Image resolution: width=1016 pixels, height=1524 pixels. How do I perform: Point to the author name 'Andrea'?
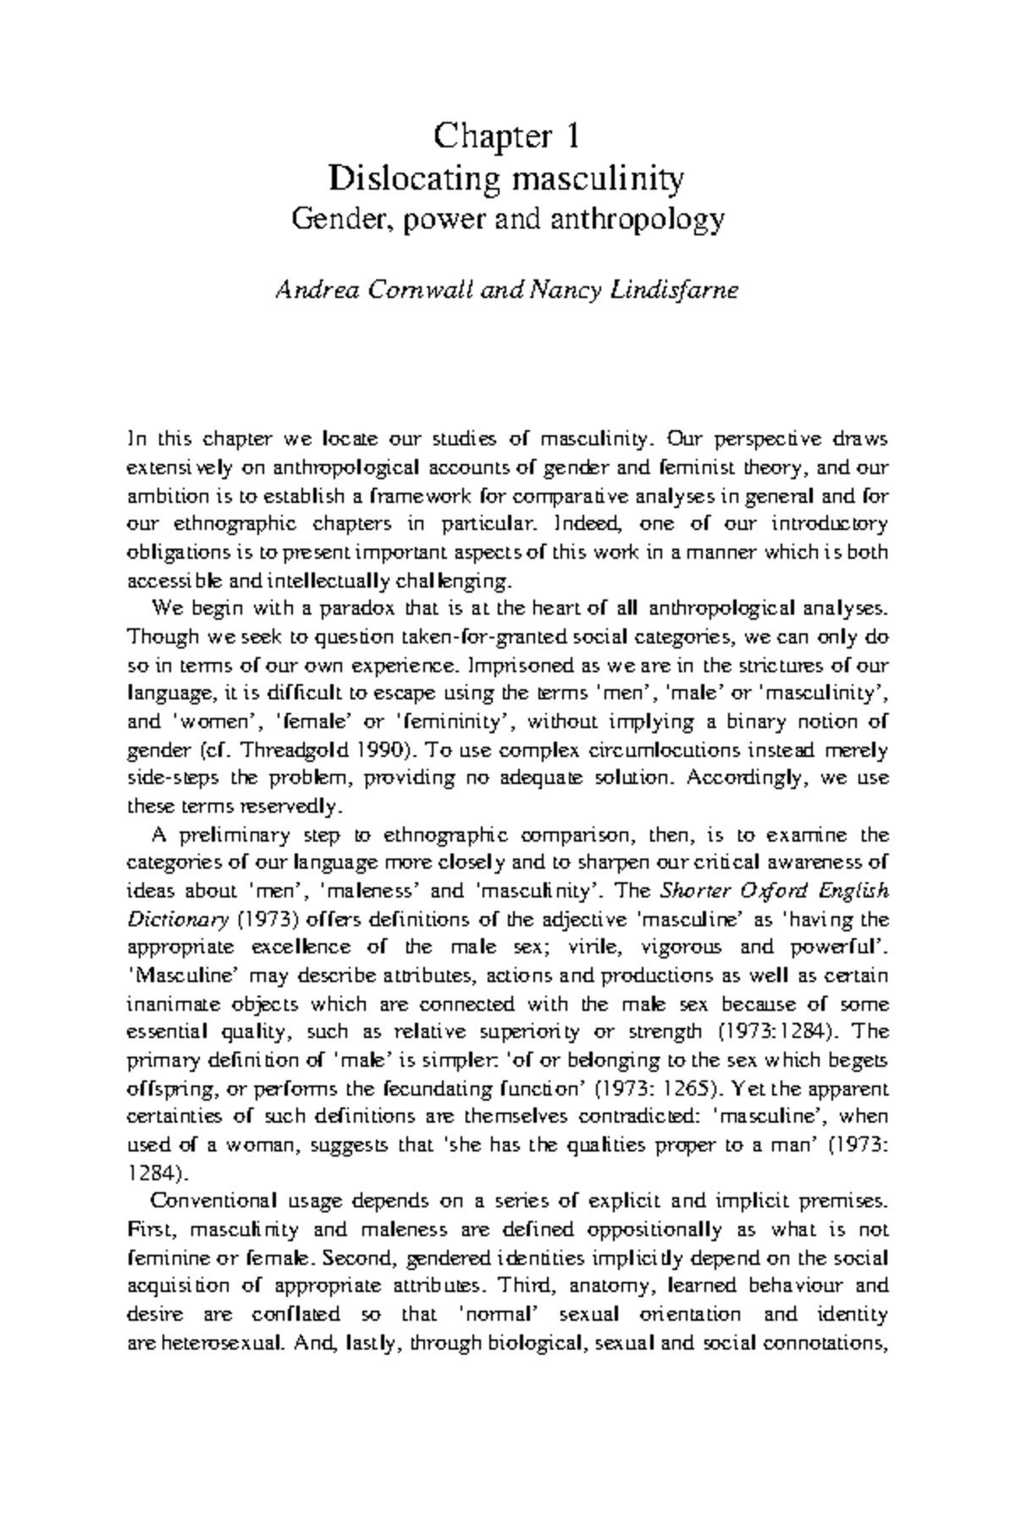point(309,290)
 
